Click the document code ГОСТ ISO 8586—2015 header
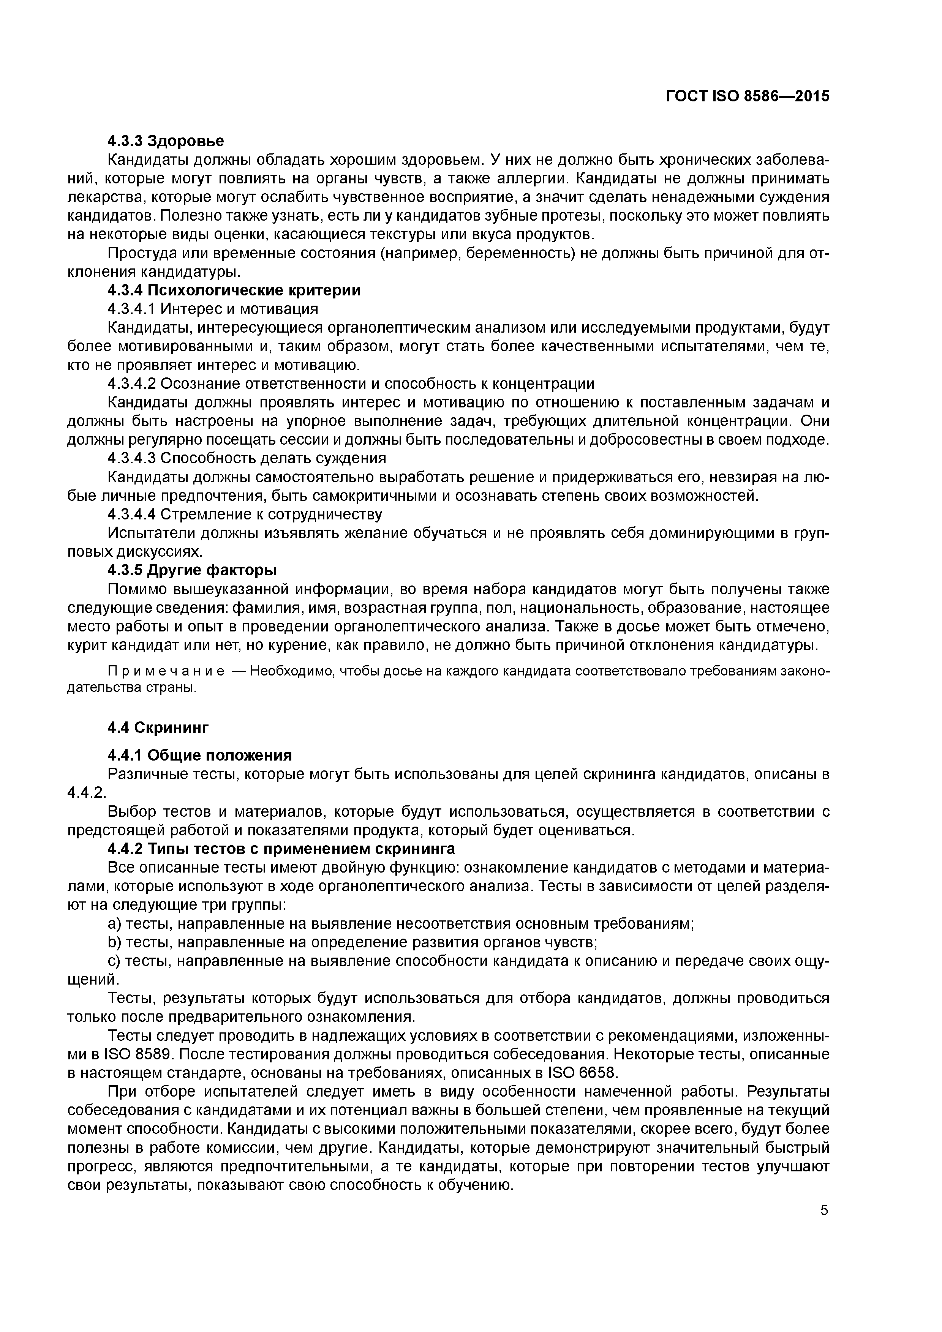pos(748,96)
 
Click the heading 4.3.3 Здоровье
pos(165,141)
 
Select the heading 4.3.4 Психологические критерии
pos(234,290)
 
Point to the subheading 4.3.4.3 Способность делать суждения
pos(247,458)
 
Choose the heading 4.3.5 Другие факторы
pos(192,570)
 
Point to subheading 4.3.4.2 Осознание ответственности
pos(351,384)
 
